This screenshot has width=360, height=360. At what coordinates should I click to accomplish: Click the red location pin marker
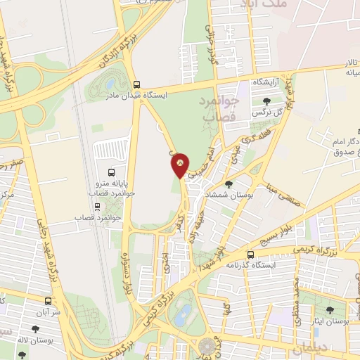coord(180,165)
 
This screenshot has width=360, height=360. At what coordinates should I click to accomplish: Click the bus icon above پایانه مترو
coord(111,172)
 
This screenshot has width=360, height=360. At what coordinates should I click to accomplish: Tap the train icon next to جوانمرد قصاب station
coord(97,207)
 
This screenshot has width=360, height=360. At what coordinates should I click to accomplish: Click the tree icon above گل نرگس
coord(266,101)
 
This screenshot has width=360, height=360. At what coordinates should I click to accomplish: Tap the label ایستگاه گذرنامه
coord(252,266)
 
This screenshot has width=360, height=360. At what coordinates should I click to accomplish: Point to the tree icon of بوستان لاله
coord(35,328)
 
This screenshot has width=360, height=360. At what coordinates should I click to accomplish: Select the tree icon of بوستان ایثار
coord(328,309)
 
